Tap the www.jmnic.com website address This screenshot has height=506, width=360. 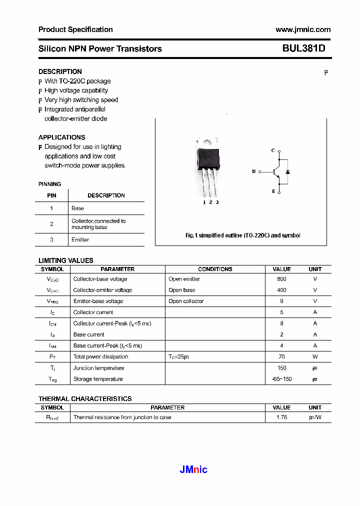pyautogui.click(x=303, y=29)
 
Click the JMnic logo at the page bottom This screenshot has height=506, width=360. pyautogui.click(x=193, y=469)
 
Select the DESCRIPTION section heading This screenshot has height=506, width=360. pyautogui.click(x=60, y=71)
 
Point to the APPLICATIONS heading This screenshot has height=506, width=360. pyautogui.click(x=61, y=137)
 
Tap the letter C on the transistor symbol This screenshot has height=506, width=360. pyautogui.click(x=273, y=150)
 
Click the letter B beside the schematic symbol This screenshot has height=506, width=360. pyautogui.click(x=254, y=171)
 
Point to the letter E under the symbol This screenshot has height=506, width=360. pyautogui.click(x=273, y=191)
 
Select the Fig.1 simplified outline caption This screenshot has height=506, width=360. pyautogui.click(x=242, y=235)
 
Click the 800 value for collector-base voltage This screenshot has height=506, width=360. pyautogui.click(x=281, y=279)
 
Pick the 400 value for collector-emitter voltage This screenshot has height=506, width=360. pyautogui.click(x=281, y=290)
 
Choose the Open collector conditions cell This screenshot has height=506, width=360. pyautogui.click(x=186, y=301)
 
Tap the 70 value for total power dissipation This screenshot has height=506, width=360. pyautogui.click(x=281, y=356)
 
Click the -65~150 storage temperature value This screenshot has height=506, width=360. pyautogui.click(x=281, y=379)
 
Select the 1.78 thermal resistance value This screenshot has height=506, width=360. pyautogui.click(x=281, y=417)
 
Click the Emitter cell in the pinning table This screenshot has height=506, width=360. pyautogui.click(x=80, y=240)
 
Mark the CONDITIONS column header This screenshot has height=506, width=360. pyautogui.click(x=215, y=269)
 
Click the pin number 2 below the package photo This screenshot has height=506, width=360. pyautogui.click(x=210, y=202)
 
